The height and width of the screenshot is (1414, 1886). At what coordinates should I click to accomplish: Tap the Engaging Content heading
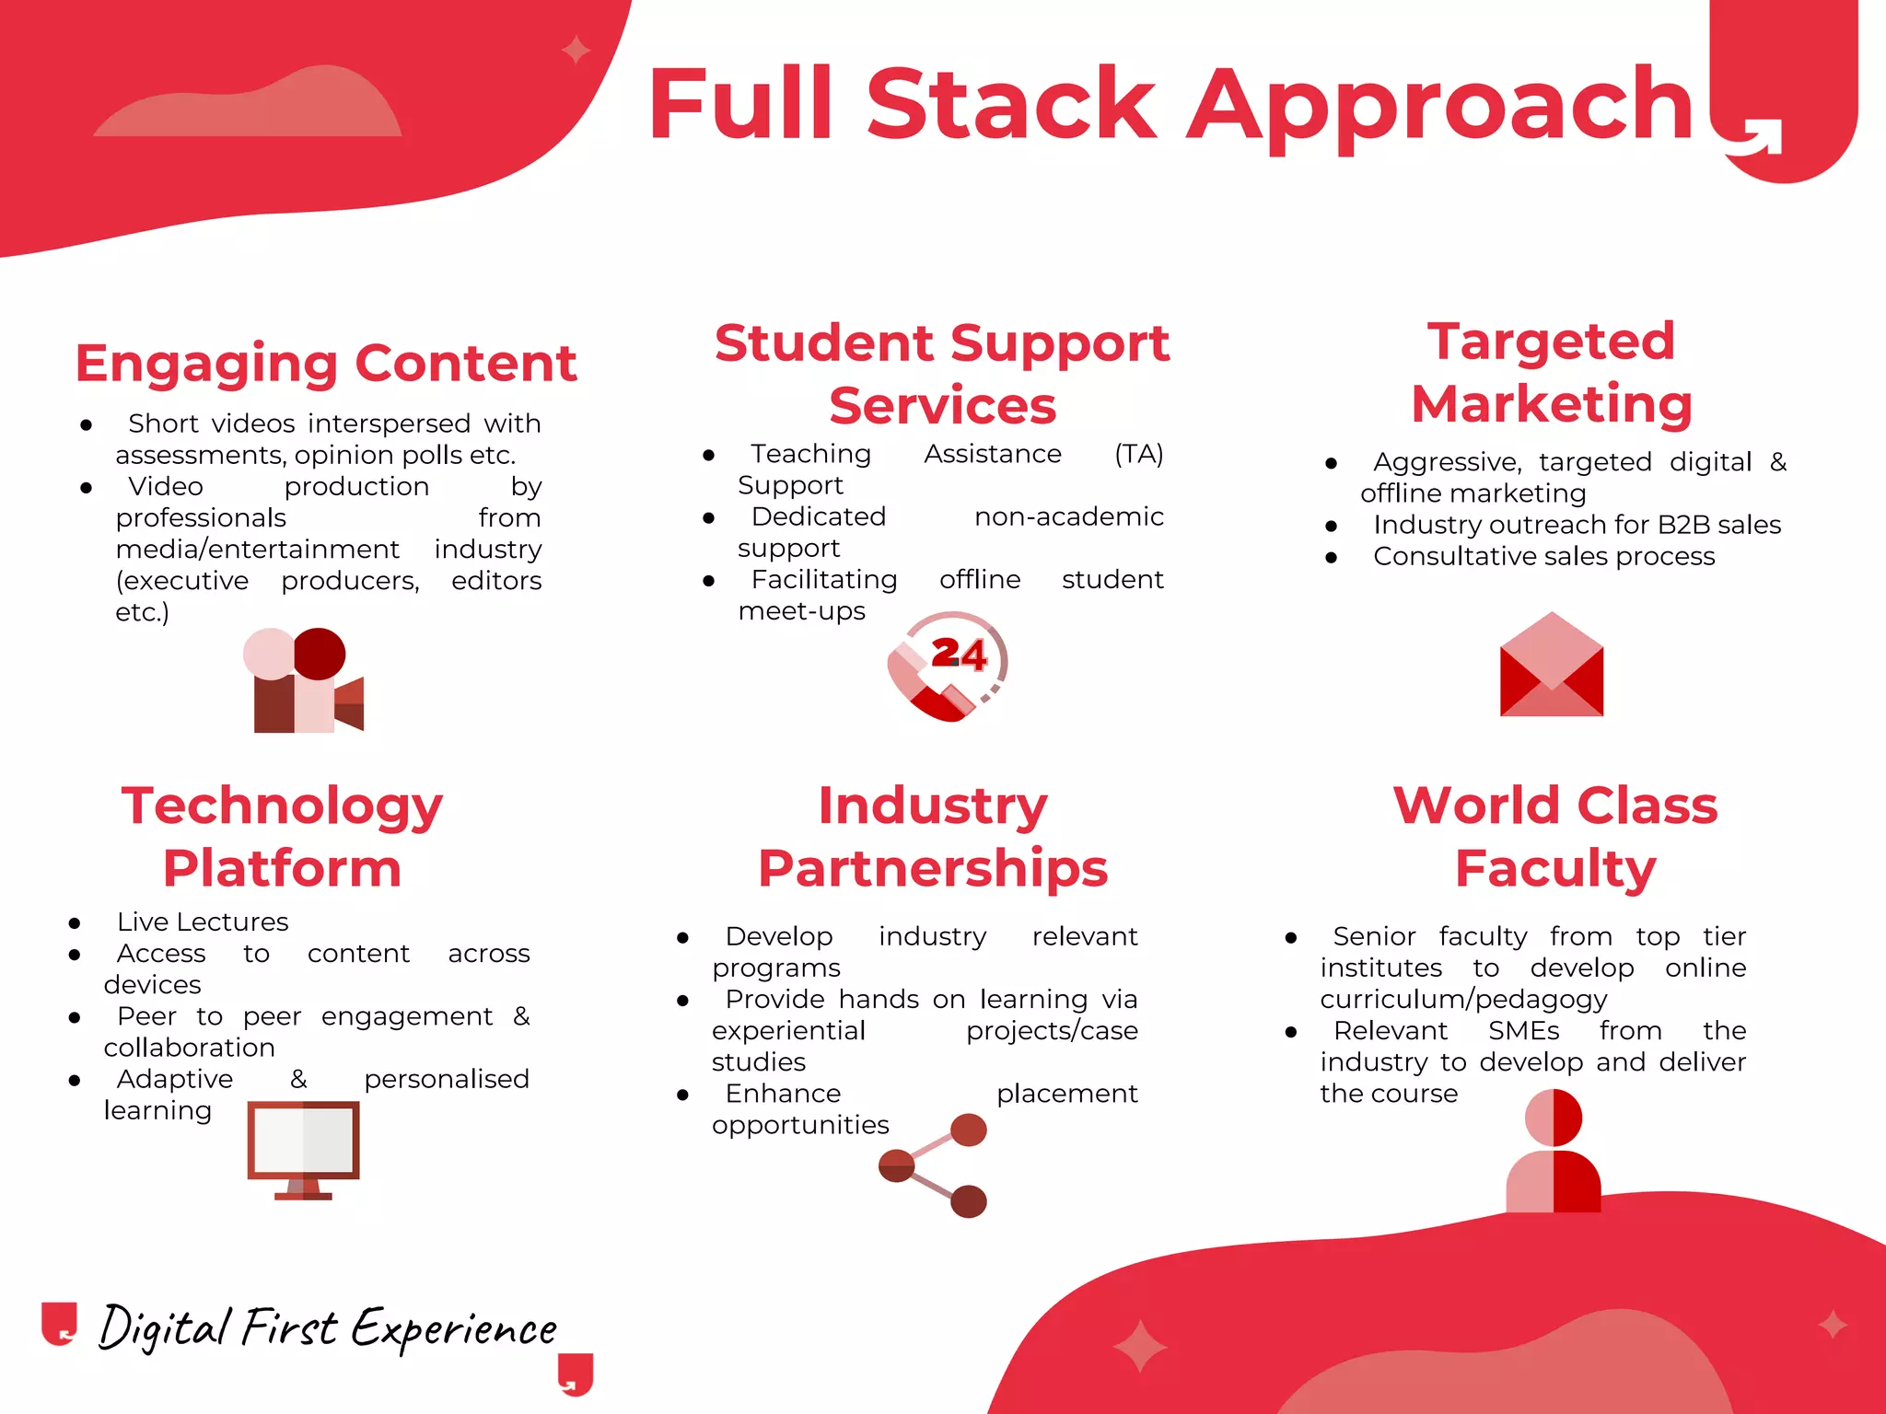click(x=326, y=363)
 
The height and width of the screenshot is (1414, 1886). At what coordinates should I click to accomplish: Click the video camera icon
click(x=304, y=681)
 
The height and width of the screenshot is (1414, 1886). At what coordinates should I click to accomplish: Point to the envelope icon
click(x=1552, y=665)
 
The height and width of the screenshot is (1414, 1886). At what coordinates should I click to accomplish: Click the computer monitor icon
click(x=303, y=1150)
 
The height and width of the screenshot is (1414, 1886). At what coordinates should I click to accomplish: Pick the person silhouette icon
click(x=1554, y=1151)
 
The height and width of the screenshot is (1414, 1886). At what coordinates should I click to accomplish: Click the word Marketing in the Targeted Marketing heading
click(x=1552, y=403)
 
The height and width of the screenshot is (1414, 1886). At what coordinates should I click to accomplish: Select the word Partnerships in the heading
click(x=933, y=868)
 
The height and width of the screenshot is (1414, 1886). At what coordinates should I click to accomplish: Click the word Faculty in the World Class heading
click(x=1555, y=868)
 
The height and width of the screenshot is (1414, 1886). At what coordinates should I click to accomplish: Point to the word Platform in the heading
click(x=282, y=868)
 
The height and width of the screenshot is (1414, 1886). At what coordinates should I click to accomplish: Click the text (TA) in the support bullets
click(x=1138, y=454)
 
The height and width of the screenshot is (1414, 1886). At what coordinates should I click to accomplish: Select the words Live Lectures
click(x=203, y=921)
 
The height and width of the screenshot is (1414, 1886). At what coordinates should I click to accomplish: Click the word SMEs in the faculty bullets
click(x=1523, y=1030)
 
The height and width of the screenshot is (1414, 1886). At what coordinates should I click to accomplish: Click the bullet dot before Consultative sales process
click(x=1331, y=557)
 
